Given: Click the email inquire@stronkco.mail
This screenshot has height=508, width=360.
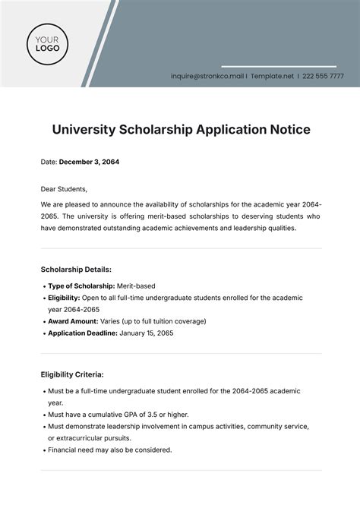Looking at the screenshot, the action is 207,76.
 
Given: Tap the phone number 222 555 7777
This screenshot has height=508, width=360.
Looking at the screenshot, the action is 324,76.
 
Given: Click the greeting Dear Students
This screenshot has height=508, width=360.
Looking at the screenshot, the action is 64,189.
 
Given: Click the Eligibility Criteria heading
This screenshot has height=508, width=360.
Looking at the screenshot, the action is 72,374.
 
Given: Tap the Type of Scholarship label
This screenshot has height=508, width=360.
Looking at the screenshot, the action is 81,286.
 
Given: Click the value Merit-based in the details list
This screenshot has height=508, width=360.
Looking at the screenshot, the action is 136,286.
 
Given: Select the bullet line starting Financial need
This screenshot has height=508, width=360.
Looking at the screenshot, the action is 109,450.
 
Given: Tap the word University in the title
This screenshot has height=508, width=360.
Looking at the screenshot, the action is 84,130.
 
